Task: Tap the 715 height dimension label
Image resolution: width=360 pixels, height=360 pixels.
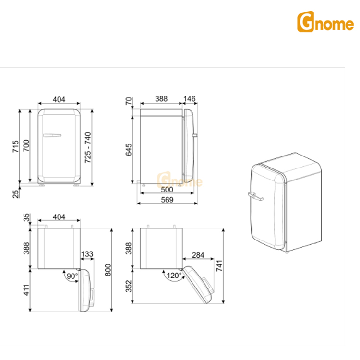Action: coord(15,145)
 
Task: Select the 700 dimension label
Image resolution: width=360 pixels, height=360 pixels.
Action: coord(26,145)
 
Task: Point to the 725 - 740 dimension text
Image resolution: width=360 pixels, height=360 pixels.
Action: coord(87,147)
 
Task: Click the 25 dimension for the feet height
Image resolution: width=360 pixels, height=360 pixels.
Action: coord(15,193)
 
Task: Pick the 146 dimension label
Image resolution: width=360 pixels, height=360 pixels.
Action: coord(190,99)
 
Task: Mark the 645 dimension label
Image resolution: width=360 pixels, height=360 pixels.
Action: coord(129,150)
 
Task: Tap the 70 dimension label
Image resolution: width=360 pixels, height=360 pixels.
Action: coord(129,101)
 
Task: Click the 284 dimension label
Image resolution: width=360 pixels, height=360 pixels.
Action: coord(198,254)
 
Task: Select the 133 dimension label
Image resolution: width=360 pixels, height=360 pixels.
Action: coord(87,254)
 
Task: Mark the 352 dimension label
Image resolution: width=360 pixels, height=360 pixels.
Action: coord(129,287)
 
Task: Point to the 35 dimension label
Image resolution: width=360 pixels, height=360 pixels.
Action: coord(26,218)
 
